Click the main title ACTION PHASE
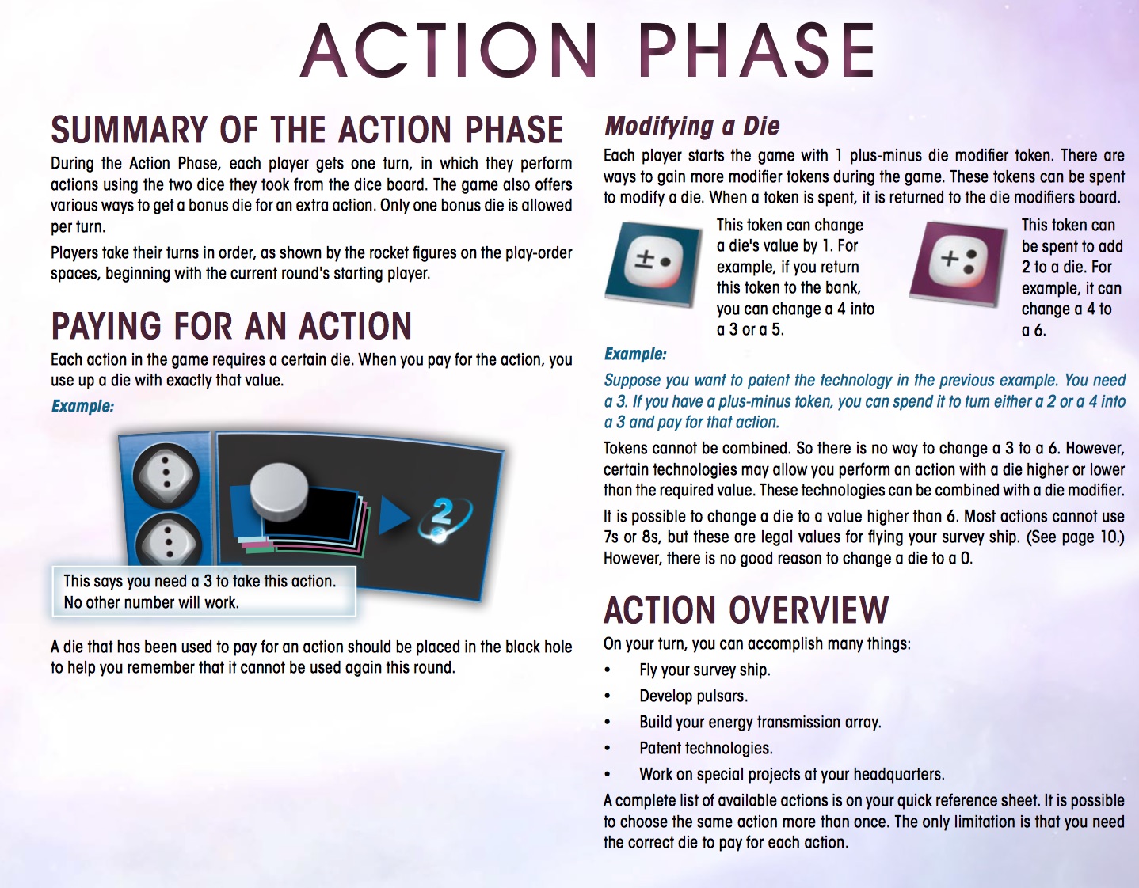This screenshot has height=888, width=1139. (x=587, y=51)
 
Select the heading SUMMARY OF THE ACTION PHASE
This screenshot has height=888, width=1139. (x=307, y=130)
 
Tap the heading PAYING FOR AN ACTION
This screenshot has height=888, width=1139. (x=231, y=325)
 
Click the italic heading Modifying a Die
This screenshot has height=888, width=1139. (x=692, y=126)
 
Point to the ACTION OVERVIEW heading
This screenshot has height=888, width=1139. (x=746, y=610)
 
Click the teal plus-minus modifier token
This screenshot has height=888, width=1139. (x=653, y=264)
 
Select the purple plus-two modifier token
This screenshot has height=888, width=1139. (x=958, y=264)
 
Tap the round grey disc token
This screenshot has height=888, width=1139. (x=280, y=492)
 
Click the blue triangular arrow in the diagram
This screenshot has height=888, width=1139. (x=394, y=516)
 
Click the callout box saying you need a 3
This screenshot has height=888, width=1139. (x=204, y=592)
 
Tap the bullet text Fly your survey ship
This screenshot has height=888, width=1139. (x=704, y=670)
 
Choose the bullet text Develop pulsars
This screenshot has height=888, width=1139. (x=694, y=696)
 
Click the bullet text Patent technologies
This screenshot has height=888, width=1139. (x=706, y=748)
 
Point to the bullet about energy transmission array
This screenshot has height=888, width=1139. (x=760, y=722)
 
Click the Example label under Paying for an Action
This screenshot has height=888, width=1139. (x=82, y=406)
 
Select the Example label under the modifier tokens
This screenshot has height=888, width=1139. (x=635, y=354)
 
